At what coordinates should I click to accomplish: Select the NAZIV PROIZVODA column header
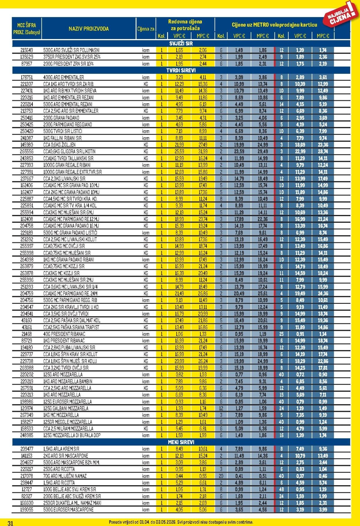88,29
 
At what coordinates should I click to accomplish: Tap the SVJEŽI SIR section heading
181,44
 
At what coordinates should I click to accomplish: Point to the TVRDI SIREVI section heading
181,70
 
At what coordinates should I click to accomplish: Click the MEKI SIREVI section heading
181,442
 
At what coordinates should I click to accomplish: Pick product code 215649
27,50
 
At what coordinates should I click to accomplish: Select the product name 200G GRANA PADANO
61,118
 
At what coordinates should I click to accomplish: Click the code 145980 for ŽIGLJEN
27,145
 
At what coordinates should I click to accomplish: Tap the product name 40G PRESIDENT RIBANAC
64,334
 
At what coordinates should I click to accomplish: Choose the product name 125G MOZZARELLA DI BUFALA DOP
72,435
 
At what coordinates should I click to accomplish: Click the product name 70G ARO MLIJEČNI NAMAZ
65,476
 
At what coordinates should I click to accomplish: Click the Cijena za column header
146,29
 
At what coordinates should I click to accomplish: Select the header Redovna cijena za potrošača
185,25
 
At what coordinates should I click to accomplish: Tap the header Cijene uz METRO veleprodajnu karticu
274,25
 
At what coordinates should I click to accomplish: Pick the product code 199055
27,509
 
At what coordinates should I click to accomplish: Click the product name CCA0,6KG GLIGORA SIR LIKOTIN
69,151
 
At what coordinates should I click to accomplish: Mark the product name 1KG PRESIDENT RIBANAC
64,340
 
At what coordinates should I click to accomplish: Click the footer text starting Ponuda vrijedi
181,522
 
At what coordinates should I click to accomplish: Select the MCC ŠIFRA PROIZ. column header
27,29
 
